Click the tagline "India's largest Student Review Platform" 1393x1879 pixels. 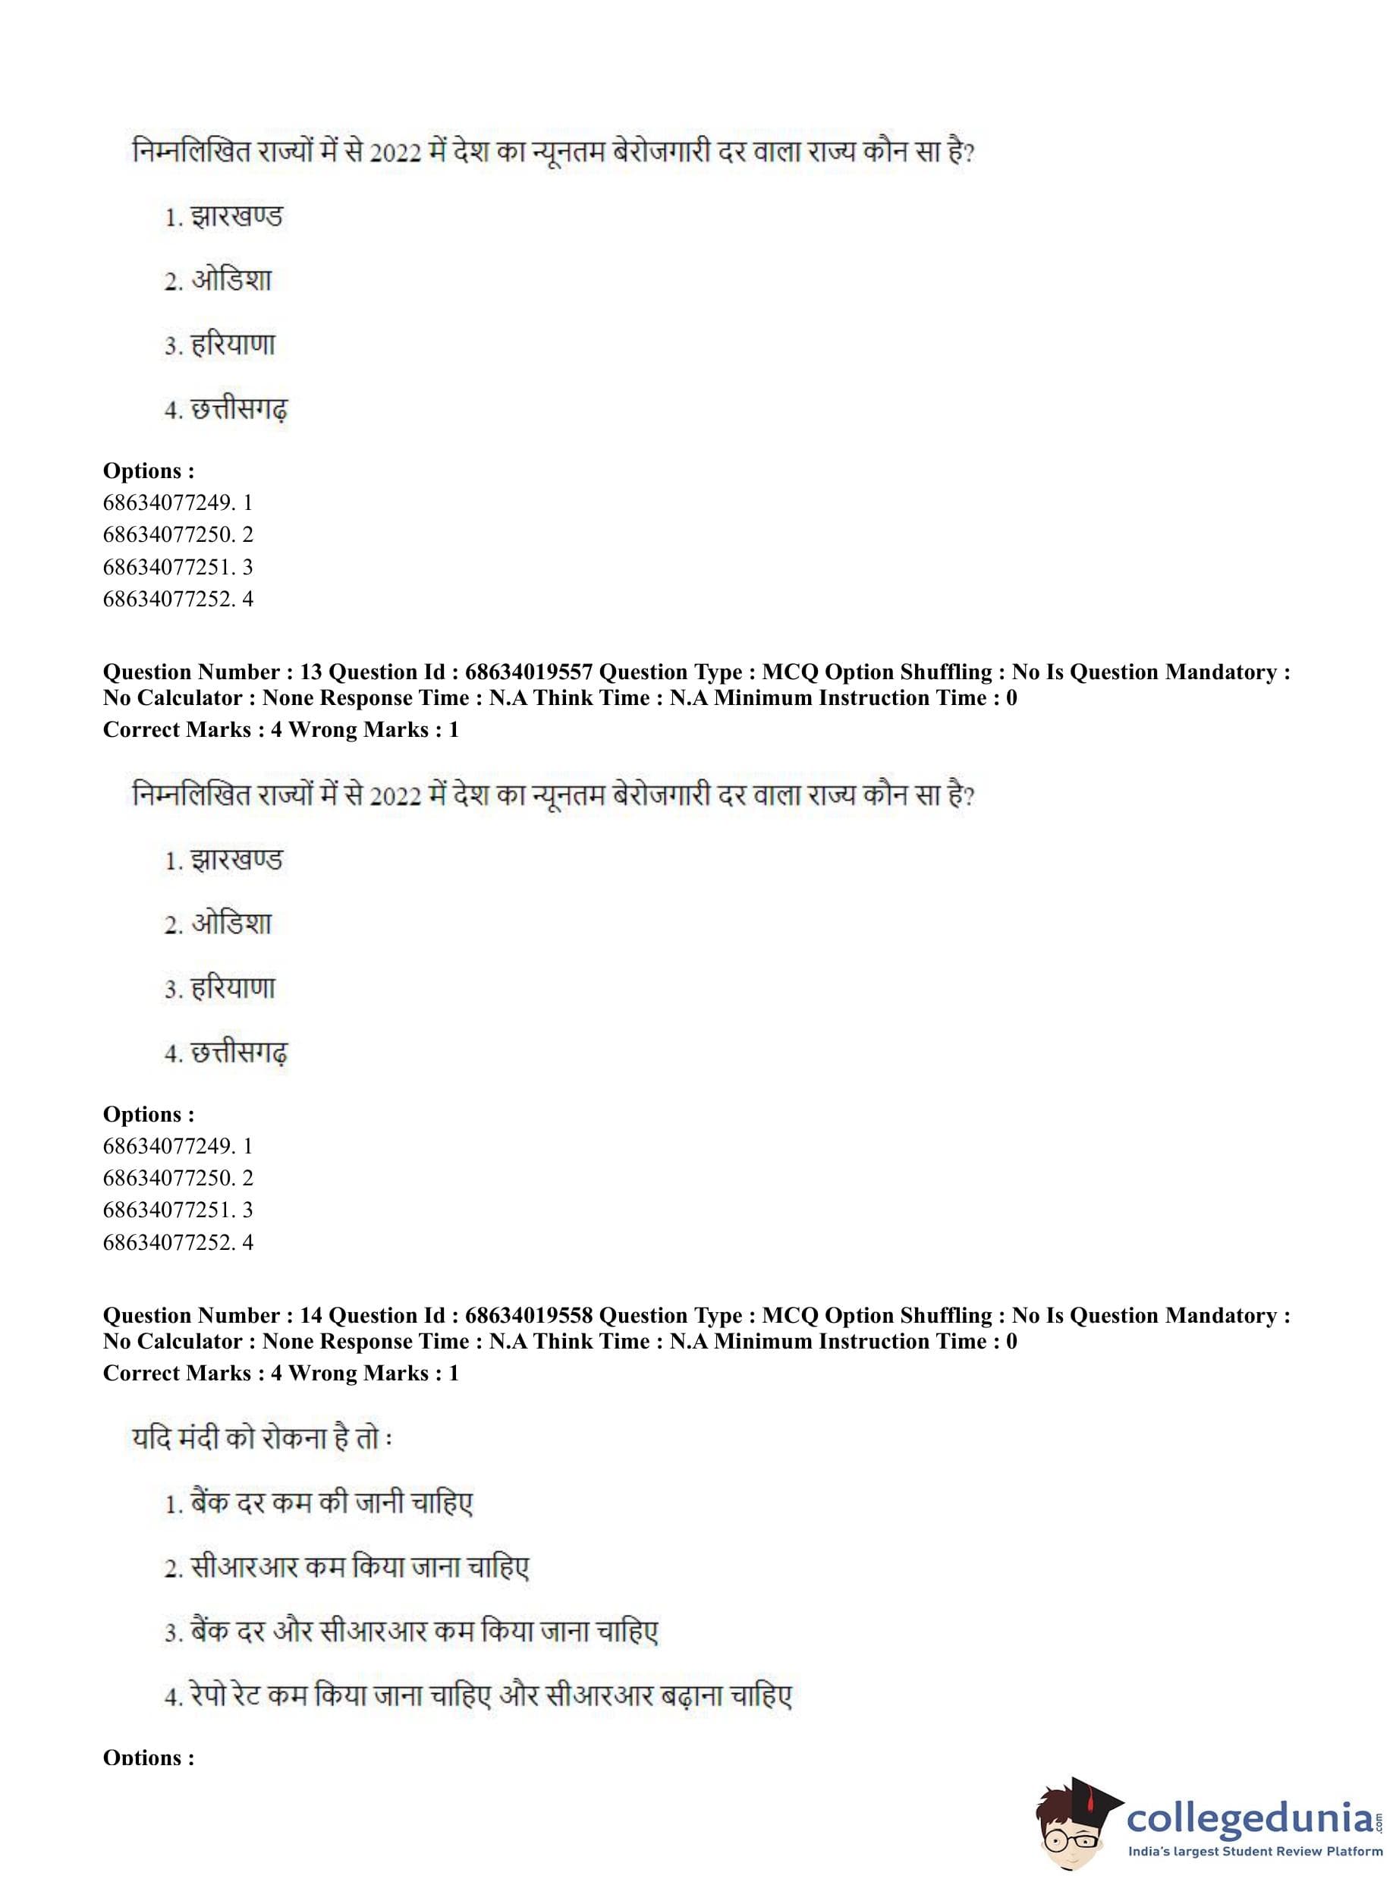1255,1851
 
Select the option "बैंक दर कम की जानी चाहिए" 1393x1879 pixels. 332,1503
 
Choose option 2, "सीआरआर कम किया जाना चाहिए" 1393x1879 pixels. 359,1568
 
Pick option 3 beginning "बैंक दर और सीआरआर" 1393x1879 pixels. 424,1632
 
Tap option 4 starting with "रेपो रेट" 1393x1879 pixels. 491,1696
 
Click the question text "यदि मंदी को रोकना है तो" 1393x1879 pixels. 262,1439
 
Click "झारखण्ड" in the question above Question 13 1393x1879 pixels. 236,218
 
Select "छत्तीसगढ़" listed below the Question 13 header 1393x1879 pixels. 240,1053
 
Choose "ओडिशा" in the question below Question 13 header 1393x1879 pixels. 231,924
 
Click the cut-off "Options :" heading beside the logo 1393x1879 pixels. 149,1758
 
